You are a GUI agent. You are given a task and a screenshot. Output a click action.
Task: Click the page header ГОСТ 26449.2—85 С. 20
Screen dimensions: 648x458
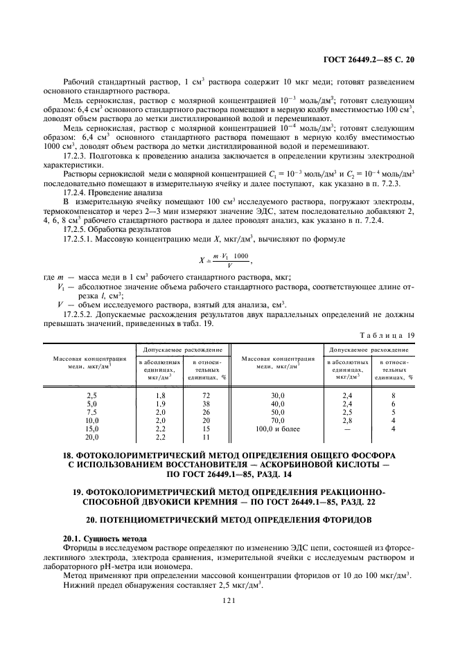(x=372, y=60)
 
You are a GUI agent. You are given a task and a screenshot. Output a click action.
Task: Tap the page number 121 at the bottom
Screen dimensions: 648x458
(x=229, y=602)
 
